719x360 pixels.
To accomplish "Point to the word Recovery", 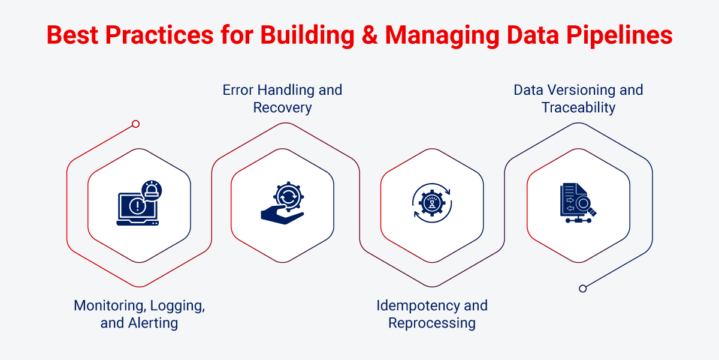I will coord(282,108).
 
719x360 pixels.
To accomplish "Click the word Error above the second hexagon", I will coord(238,91).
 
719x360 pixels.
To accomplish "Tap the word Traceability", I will coord(578,108).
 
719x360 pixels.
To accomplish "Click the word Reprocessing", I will coord(431,323).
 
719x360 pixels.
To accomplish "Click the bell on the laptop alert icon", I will coord(152,191).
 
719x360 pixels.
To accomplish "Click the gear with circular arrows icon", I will coord(431,204).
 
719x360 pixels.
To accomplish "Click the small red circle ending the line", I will coord(135,124).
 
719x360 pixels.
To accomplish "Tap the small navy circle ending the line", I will coord(582,289).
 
